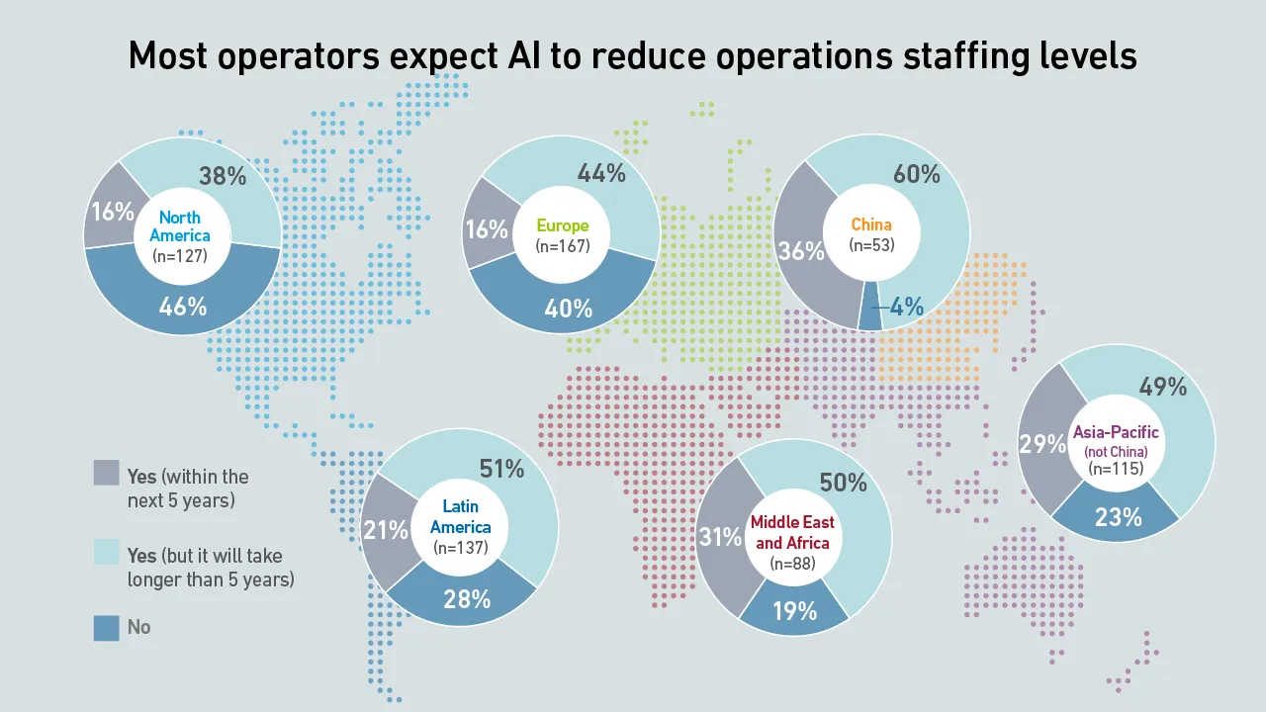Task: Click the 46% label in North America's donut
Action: [183, 306]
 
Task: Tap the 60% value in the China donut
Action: [916, 174]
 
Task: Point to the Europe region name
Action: [562, 226]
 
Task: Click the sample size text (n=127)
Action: [181, 255]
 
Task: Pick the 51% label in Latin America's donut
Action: [501, 469]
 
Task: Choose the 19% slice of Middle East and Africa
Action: [793, 610]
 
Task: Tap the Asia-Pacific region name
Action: [1116, 432]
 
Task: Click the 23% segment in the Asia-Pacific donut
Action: [1119, 516]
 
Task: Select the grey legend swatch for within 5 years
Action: [107, 473]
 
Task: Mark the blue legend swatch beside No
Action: [107, 627]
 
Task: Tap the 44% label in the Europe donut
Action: [601, 174]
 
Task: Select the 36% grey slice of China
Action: [801, 251]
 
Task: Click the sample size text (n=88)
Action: [792, 564]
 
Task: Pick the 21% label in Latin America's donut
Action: [386, 530]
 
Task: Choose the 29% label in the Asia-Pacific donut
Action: [1043, 444]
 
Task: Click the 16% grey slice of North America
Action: [111, 212]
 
